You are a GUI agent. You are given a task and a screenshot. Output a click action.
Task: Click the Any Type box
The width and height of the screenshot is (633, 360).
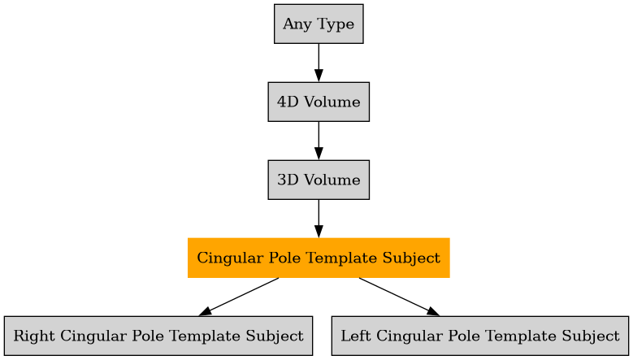click(x=319, y=24)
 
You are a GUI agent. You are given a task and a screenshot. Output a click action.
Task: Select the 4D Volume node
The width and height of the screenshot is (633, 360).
click(x=319, y=102)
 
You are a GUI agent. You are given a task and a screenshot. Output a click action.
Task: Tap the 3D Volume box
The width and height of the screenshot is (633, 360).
click(x=319, y=180)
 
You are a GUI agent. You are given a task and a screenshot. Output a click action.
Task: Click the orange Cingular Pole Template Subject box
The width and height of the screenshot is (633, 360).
click(x=319, y=258)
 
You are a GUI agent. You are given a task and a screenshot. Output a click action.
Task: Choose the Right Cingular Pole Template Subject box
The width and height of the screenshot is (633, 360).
click(x=158, y=336)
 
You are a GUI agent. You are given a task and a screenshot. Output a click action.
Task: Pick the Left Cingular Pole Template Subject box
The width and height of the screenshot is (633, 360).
click(x=479, y=336)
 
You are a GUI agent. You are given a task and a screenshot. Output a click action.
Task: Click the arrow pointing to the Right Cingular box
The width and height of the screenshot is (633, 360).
click(x=240, y=297)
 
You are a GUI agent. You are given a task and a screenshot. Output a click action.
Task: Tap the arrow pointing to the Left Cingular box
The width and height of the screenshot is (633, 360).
click(x=398, y=297)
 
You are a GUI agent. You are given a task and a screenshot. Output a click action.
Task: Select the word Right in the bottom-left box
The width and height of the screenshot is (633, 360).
click(x=31, y=336)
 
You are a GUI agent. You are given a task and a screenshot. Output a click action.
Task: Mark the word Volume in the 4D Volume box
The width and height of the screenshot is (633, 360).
click(x=331, y=102)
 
